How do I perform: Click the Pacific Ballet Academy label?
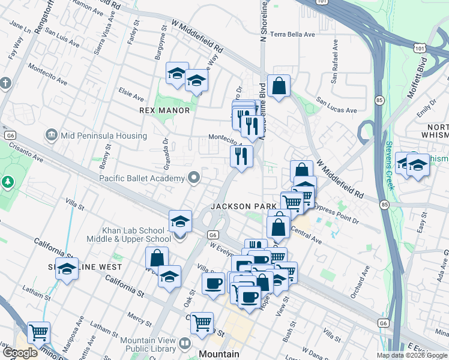coord(142,178)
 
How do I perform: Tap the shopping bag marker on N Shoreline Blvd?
coord(279,86)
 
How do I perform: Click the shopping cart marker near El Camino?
coord(38,332)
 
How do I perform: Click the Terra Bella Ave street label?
coord(293,34)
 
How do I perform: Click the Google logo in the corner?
coord(19,353)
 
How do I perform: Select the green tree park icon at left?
coord(8,181)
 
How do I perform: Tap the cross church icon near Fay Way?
coord(5,83)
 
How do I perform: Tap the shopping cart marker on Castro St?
coord(202,323)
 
